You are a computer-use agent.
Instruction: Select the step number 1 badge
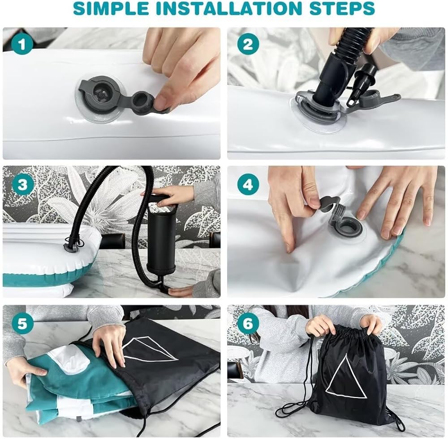pos(22,45)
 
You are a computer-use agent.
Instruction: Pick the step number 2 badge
pos(248,45)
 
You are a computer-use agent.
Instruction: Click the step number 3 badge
pos(22,185)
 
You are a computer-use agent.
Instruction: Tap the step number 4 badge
pos(248,185)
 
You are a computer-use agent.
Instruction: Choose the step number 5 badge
pos(22,324)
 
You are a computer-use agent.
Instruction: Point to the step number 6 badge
pos(248,324)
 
